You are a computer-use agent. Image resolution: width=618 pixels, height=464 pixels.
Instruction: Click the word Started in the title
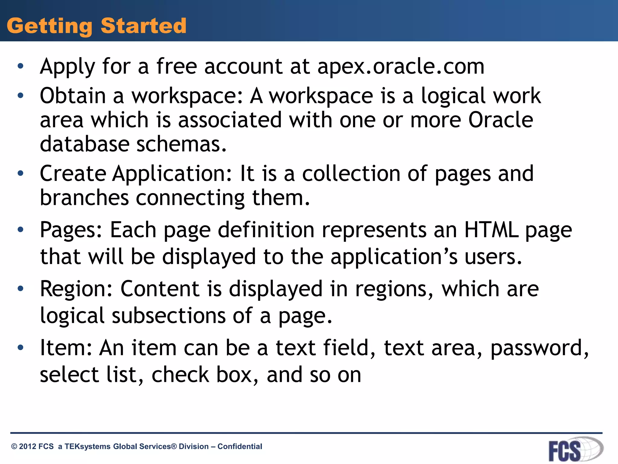click(143, 26)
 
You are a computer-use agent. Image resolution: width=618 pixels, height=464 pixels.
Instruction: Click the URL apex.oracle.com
click(401, 66)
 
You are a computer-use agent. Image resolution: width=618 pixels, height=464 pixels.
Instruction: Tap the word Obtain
click(73, 96)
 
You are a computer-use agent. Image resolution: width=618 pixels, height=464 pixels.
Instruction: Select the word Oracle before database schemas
click(501, 120)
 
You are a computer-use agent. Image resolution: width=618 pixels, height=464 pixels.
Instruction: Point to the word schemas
click(181, 144)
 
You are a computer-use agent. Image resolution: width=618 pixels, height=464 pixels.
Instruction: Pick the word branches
click(84, 198)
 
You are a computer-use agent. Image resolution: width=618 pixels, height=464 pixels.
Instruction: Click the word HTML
click(491, 230)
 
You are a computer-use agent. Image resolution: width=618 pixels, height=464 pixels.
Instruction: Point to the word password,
click(539, 348)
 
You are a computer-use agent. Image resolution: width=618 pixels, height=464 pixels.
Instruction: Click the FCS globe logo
click(575, 449)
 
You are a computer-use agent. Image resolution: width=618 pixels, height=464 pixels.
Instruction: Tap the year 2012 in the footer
click(27, 446)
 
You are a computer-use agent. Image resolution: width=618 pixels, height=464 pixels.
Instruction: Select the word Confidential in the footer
click(240, 446)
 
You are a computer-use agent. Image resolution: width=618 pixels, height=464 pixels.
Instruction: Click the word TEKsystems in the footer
click(88, 446)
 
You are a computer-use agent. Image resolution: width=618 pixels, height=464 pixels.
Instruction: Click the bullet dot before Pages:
click(20, 230)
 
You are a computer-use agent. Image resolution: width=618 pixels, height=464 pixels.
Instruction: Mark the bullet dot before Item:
click(20, 348)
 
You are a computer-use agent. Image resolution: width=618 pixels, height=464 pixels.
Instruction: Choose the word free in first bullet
click(177, 66)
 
